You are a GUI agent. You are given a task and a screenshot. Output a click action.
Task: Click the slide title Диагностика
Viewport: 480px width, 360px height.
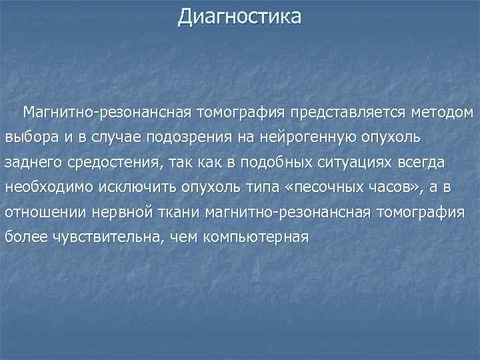pos(239,15)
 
